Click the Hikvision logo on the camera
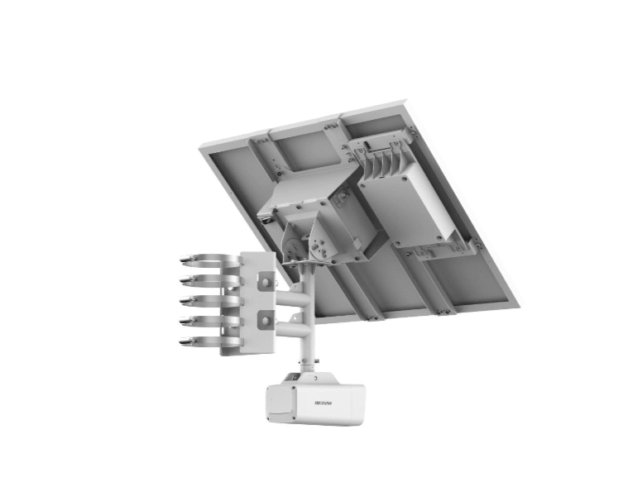(325, 403)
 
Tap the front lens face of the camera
(279, 405)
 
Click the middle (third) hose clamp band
(211, 300)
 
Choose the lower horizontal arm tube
(289, 328)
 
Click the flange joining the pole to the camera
(307, 364)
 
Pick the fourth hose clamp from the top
(211, 320)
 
